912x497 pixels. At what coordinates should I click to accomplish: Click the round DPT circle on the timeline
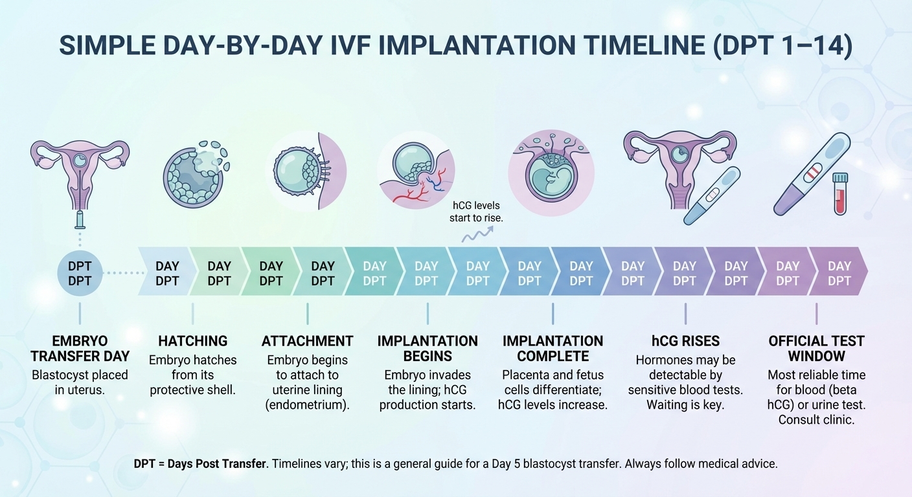(x=80, y=273)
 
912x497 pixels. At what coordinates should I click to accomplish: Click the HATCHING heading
(x=192, y=341)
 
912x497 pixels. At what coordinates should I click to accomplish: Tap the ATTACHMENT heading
(x=308, y=341)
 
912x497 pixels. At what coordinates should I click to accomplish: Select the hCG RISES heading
(x=686, y=341)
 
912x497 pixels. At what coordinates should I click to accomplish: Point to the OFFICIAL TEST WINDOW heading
(x=816, y=349)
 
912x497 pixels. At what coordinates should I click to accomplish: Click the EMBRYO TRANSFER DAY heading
(x=80, y=349)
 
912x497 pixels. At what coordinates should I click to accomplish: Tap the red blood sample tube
(x=840, y=193)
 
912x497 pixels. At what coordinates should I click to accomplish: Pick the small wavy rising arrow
(x=477, y=234)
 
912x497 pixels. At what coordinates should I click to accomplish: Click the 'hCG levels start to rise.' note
(x=476, y=212)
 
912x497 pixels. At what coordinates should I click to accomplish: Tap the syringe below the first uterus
(x=80, y=219)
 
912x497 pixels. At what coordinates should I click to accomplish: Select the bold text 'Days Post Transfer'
(x=216, y=464)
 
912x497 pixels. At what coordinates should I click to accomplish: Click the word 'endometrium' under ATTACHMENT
(x=308, y=405)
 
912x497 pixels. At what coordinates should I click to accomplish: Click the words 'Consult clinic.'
(x=816, y=420)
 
